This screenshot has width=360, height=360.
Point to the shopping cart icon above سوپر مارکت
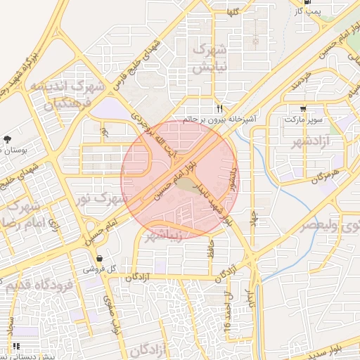303,109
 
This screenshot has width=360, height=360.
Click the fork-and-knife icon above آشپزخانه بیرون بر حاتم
220,109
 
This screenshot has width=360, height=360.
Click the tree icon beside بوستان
7,140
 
